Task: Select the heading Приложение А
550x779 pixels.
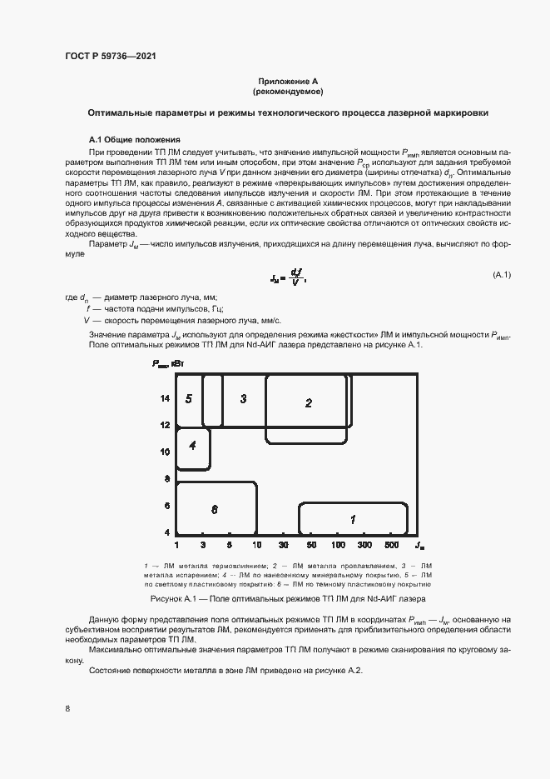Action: (x=287, y=80)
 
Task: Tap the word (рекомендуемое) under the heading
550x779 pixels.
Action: (x=287, y=91)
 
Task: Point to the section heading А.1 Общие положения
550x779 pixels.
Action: (x=135, y=139)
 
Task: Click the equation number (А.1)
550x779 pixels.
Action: (x=502, y=275)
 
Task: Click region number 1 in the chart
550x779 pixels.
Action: (x=353, y=520)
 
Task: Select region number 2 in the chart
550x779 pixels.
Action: (x=308, y=403)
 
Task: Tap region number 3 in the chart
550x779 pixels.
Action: (x=243, y=399)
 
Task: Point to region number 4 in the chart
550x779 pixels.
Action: (x=192, y=445)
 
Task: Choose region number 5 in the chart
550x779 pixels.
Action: (x=189, y=399)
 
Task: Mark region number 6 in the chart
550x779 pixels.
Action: (x=215, y=509)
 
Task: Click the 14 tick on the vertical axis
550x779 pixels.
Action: (x=166, y=399)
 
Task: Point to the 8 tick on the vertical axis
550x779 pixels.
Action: (x=167, y=479)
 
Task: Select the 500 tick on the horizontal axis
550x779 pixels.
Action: (x=392, y=545)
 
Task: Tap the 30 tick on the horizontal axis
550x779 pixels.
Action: (x=284, y=545)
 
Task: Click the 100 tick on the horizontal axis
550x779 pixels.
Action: (x=338, y=545)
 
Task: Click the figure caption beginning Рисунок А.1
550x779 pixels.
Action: (x=287, y=599)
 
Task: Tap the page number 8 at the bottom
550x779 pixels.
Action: (x=67, y=709)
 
